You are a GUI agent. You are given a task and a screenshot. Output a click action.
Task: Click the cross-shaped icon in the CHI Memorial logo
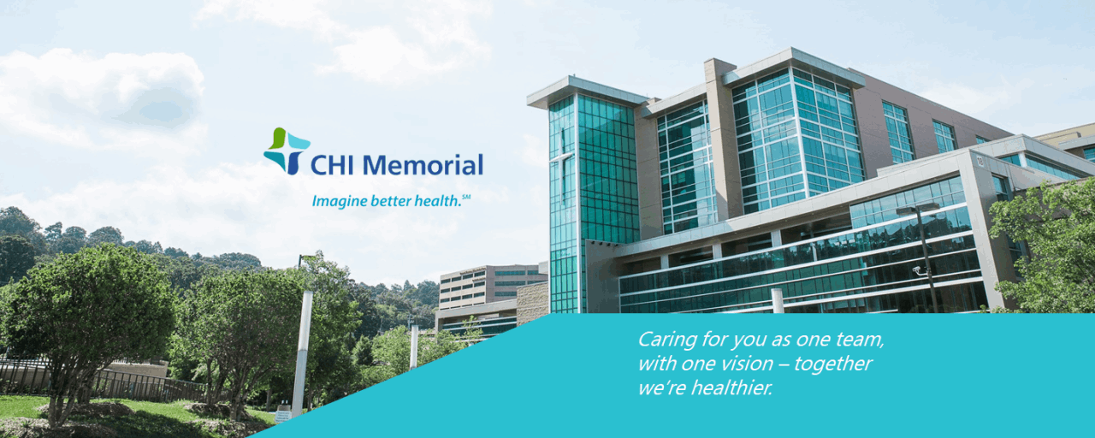tap(287, 151)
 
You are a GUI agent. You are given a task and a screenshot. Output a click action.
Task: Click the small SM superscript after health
tap(466, 197)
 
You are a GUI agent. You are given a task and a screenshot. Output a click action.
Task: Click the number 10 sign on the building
tap(980, 161)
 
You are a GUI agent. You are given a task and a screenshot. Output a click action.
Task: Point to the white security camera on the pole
tap(918, 269)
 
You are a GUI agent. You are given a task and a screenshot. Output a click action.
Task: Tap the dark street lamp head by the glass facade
tap(918, 209)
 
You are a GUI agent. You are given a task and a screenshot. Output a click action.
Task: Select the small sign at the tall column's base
tap(282, 415)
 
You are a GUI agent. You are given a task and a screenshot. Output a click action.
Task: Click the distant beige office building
tap(493, 287)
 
